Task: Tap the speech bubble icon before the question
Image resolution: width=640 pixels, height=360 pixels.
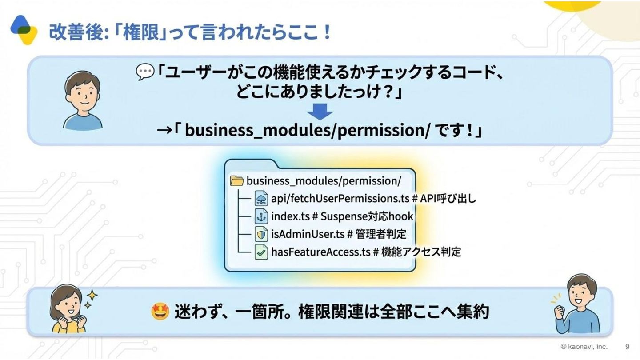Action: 145,72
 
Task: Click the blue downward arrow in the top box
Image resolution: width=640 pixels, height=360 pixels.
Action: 320,112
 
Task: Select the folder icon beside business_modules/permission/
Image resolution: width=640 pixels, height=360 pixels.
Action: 237,181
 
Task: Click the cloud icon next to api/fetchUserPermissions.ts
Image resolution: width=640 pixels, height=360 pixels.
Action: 261,199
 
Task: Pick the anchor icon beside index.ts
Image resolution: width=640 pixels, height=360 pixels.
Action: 261,216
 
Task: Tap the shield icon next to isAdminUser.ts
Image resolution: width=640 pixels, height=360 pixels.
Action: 261,234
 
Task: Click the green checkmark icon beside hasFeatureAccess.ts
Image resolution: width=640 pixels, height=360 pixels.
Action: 261,252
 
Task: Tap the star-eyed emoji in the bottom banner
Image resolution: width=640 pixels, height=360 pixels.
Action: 160,312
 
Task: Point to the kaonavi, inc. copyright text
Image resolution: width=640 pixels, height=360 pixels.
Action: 584,347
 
